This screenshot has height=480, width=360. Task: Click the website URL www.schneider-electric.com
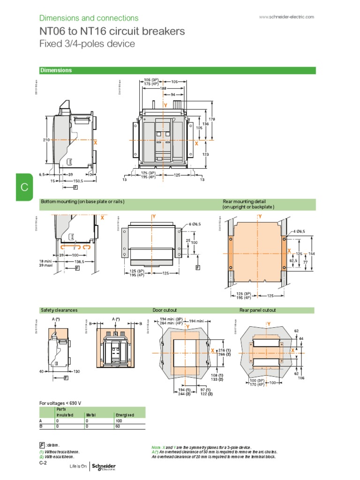tap(286, 17)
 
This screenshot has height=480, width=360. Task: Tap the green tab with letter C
tap(24, 187)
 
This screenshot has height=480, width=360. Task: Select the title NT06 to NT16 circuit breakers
tap(112, 31)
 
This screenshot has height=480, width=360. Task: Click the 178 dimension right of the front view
tap(212, 120)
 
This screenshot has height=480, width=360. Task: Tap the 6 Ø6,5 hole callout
tap(194, 225)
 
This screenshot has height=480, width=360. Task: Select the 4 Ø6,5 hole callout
tap(300, 232)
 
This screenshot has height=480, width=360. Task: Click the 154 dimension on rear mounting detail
tap(313, 253)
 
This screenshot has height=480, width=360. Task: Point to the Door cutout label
tap(165, 310)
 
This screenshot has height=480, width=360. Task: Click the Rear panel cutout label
tap(258, 310)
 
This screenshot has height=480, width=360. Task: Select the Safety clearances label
tap(59, 310)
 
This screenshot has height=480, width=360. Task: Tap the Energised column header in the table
tap(125, 415)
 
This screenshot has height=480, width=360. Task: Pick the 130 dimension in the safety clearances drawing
tap(76, 371)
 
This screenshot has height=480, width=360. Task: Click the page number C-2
tap(44, 463)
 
